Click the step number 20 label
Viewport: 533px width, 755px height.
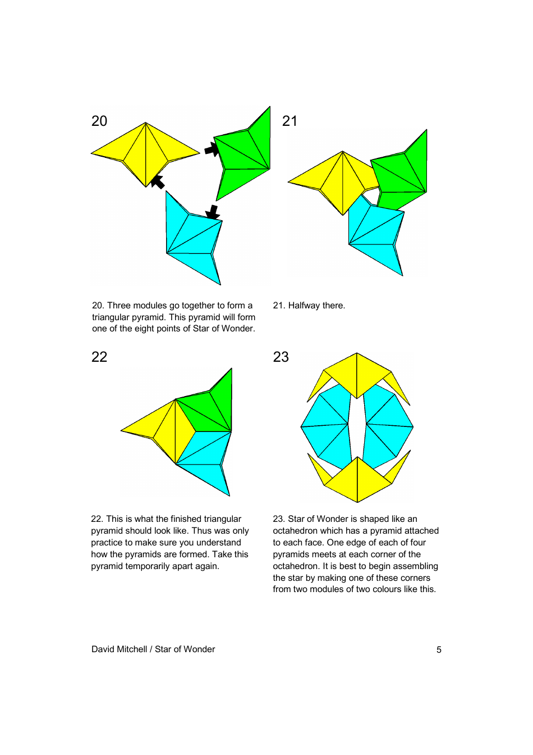tap(99, 121)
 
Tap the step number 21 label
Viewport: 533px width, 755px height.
tap(290, 121)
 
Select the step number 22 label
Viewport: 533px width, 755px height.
tap(99, 357)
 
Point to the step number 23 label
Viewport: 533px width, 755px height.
tap(281, 357)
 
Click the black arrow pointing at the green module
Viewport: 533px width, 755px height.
tap(212, 149)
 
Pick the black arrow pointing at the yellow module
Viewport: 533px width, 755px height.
tap(158, 182)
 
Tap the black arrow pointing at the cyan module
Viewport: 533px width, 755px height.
tap(213, 212)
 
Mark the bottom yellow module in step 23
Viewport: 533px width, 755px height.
tap(357, 480)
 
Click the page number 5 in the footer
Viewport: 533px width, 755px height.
tap(439, 649)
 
